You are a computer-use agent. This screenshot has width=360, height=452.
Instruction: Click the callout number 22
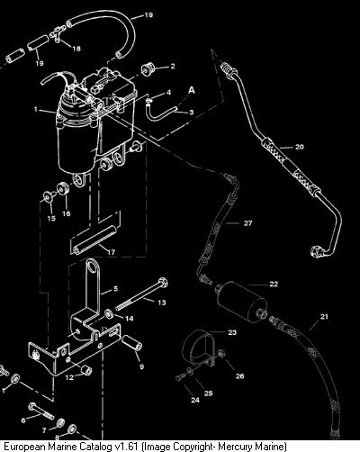[x=274, y=284]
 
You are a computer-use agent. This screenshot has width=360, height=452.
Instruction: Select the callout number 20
[x=300, y=147]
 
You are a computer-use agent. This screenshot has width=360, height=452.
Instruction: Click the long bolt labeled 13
[x=141, y=294]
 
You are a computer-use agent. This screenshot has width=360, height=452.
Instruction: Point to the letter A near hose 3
[x=192, y=90]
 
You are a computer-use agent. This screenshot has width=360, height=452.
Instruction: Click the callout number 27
[x=247, y=223]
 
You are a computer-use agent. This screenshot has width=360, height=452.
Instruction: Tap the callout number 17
[x=112, y=252]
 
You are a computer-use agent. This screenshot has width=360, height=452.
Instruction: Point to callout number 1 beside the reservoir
[x=36, y=109]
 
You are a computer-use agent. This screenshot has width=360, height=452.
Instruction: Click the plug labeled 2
[x=148, y=69]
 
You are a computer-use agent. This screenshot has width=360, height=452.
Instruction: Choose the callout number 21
[x=324, y=316]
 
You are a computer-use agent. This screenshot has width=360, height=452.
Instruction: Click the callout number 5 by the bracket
[x=116, y=289]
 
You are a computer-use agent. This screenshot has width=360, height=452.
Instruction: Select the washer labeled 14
[x=109, y=314]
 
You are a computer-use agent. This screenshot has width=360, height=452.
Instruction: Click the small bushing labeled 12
[x=86, y=370]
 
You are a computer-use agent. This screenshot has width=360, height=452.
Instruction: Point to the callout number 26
[x=239, y=375]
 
